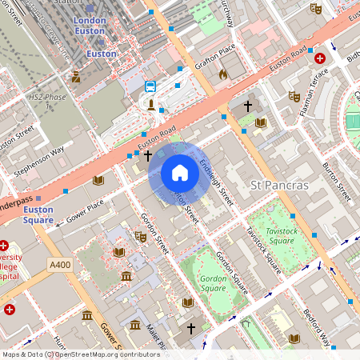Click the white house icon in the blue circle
(180, 173)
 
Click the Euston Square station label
(38, 214)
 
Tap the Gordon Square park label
(213, 282)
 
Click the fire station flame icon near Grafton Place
(223, 74)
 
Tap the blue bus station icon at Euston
(150, 86)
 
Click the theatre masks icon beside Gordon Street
(142, 236)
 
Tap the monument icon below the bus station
(150, 103)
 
